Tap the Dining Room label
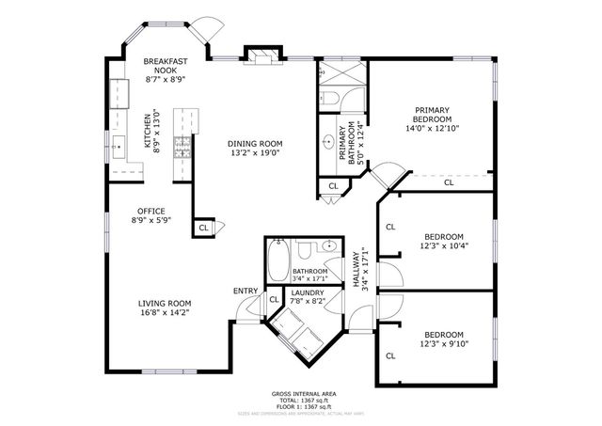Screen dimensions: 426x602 255,144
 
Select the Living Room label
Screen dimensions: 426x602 165,304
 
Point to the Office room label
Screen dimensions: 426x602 150,211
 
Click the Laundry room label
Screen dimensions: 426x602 308,292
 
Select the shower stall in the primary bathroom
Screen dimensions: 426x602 333,99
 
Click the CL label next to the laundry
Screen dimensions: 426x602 274,300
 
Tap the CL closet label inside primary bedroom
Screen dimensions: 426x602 449,182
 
